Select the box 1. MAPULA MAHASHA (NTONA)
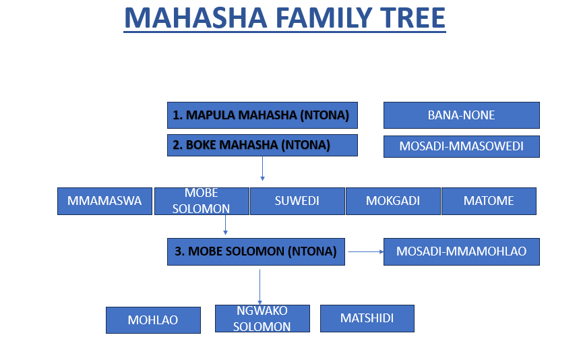click(262, 115)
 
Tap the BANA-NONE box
click(462, 115)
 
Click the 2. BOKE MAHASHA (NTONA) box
click(262, 145)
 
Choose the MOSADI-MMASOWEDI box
click(462, 146)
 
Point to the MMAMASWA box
click(105, 201)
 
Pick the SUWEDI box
click(297, 201)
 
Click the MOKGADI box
click(393, 201)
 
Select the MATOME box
click(489, 201)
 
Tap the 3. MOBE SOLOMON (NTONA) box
click(256, 252)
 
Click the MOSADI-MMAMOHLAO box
click(462, 252)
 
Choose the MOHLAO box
click(153, 320)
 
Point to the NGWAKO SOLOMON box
click(263, 319)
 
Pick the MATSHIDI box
click(367, 319)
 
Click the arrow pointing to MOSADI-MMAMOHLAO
click(366, 252)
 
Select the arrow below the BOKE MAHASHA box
click(263, 169)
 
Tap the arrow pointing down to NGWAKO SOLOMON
click(260, 287)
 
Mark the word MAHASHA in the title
click(195, 18)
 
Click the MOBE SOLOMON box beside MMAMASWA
click(202, 201)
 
